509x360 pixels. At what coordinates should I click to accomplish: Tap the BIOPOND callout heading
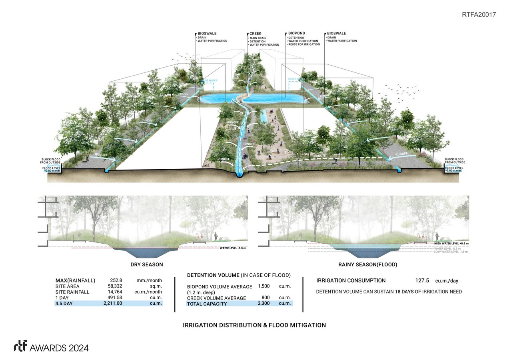point(296,34)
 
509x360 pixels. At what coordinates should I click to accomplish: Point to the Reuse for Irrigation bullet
point(303,44)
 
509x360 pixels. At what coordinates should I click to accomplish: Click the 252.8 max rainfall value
point(116,280)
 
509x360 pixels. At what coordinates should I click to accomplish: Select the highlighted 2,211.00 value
point(113,304)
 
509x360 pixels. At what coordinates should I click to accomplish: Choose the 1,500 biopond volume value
point(264,286)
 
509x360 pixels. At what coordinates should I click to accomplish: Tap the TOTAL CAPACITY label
point(207,304)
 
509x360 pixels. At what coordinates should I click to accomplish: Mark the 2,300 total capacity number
point(264,304)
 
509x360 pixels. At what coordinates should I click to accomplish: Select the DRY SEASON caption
point(147,264)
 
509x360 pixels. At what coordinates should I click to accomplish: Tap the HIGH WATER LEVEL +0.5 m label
point(451,244)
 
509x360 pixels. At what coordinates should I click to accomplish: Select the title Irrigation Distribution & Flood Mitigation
point(254,325)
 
